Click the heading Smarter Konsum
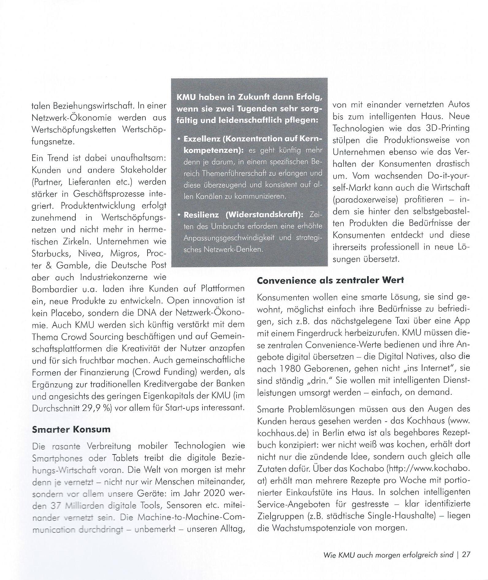pos(71,429)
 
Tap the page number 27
pos(466,555)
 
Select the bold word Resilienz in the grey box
pos(201,215)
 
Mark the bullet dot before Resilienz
pos(179,215)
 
